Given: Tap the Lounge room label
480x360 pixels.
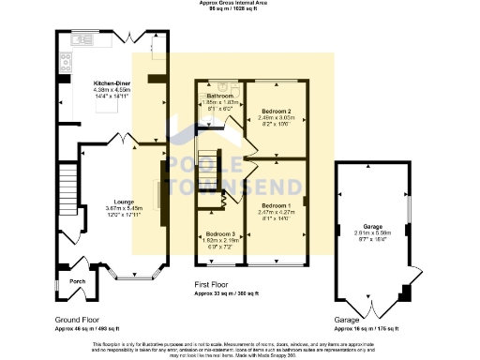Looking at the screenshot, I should [x=124, y=201].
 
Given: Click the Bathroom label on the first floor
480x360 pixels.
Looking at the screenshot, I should [x=219, y=96].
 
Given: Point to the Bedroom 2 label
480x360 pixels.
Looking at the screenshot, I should [x=276, y=112].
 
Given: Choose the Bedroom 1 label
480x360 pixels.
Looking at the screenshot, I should [x=276, y=204].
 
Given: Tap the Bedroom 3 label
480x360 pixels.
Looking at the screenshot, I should [x=221, y=233].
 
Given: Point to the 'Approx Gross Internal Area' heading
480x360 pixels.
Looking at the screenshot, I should [x=239, y=4].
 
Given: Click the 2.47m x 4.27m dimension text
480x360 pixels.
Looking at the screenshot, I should [x=276, y=212].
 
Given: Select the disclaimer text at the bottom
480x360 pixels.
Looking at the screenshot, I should [x=239, y=348].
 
